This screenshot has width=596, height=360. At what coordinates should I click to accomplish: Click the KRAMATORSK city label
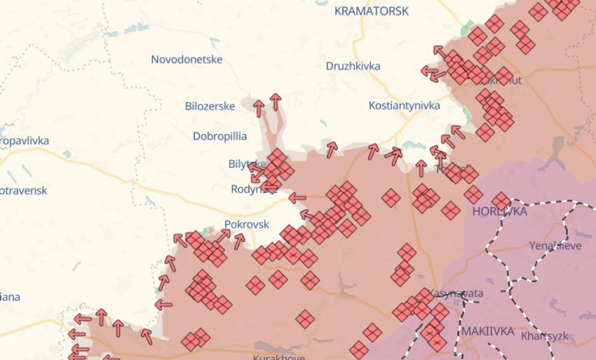pos(371,11)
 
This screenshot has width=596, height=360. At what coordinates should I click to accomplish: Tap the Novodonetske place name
pos(187,60)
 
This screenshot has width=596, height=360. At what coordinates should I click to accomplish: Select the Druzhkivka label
pos(353,66)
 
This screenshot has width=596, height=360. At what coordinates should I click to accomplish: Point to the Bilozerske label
pos(210,107)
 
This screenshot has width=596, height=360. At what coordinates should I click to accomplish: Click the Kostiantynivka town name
pos(404,105)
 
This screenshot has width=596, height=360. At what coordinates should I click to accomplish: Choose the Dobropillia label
pos(219,135)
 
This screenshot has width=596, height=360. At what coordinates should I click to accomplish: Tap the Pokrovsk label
pos(246,225)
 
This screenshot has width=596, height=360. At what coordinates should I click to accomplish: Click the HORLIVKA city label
pos(499,211)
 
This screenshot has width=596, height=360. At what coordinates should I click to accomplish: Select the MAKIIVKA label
pos(487,331)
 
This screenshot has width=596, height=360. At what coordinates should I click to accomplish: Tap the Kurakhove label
pos(278,357)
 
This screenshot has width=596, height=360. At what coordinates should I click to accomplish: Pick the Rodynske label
pos(252,189)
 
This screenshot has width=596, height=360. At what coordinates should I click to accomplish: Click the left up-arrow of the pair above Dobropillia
pos(259,108)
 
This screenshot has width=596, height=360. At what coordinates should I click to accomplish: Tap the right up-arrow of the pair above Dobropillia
pos(276,102)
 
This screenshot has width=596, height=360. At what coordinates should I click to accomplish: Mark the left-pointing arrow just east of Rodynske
pos(297,198)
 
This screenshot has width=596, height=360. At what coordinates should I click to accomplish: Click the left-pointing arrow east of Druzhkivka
pos(429,71)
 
